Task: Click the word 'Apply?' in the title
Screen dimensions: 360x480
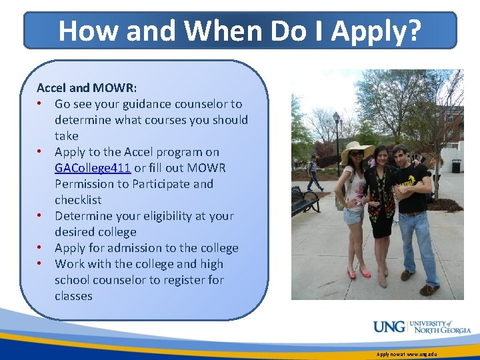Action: point(377,31)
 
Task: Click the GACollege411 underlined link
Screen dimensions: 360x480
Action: point(93,168)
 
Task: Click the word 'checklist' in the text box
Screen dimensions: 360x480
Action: point(78,200)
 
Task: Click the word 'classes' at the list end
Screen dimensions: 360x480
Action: point(73,296)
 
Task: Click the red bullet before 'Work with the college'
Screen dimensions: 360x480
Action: point(41,264)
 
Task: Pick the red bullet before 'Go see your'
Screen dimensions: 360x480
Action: point(41,104)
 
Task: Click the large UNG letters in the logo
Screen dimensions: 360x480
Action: point(389,327)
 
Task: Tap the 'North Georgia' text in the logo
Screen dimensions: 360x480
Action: point(440,330)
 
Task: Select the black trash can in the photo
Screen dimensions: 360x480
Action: point(456,165)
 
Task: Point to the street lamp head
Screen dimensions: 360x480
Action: point(337,119)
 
